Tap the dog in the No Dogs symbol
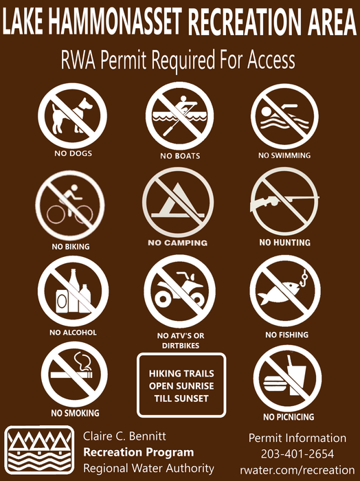point(71,115)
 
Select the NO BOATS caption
point(180,156)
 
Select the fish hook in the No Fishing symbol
point(304,276)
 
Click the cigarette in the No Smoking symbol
point(71,375)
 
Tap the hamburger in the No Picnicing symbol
point(275,383)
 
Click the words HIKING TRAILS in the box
point(181,373)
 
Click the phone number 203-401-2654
point(297,454)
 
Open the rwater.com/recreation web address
point(297,470)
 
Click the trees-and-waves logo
point(39,449)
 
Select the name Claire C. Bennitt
point(124,436)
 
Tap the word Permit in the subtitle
point(123,60)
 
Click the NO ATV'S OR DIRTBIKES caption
point(181,341)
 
